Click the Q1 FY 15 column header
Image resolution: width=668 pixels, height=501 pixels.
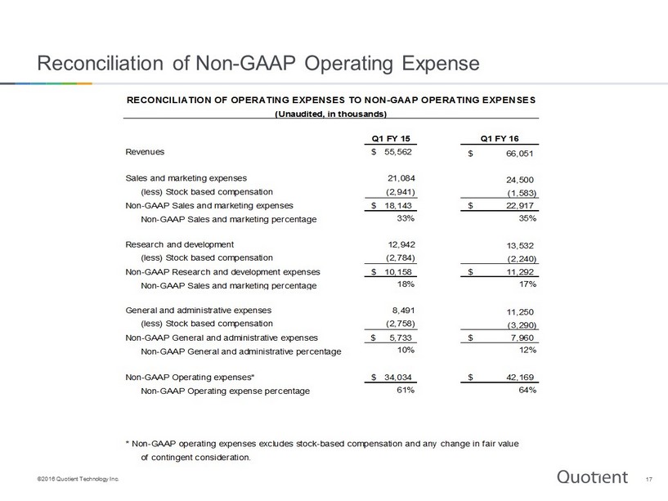[x=391, y=138]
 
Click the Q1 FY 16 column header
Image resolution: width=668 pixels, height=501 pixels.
[x=500, y=138]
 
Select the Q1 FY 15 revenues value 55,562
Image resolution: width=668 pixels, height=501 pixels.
[x=398, y=152]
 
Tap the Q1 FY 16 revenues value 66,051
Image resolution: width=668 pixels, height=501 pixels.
[x=519, y=154]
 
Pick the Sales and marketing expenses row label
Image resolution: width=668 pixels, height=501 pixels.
[x=186, y=178]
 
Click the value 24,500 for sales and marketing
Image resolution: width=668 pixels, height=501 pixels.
[x=520, y=180]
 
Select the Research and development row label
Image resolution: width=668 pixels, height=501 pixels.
[x=179, y=244]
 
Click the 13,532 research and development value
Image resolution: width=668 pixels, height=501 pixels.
[x=520, y=245]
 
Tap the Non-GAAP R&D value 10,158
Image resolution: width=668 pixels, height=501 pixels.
[x=398, y=272]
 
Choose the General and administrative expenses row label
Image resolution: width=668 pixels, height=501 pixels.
[x=198, y=310]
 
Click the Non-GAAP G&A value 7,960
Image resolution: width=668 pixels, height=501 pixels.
[x=522, y=338]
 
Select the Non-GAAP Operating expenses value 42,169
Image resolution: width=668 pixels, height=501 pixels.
[x=520, y=377]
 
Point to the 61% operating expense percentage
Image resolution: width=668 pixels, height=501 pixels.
[x=406, y=390]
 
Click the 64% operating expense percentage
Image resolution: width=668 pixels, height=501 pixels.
[x=527, y=390]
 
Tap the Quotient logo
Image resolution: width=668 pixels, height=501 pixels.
[x=592, y=476]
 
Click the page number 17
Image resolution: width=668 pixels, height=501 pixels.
[x=649, y=479]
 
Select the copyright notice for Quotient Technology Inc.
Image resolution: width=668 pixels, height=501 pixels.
[x=78, y=479]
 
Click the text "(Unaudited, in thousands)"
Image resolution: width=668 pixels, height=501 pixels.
[x=331, y=114]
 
